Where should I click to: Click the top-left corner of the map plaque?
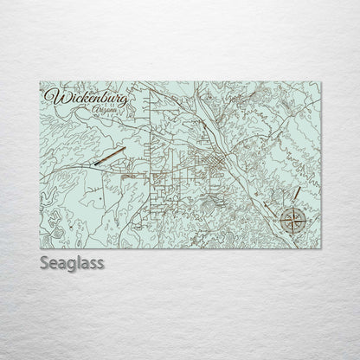pos(40,82)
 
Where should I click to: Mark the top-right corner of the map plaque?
pos(321,82)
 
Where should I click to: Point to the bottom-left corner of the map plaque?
pos(40,249)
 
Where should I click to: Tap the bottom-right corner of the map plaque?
pos(321,249)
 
